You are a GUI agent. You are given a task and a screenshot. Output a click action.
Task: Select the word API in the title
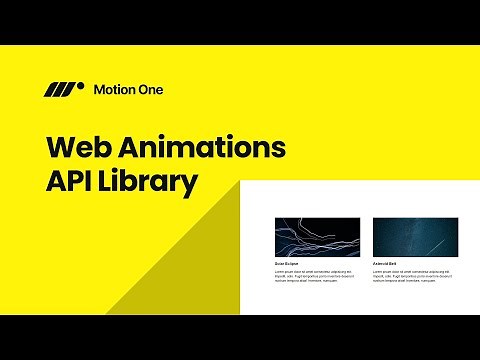(x=73, y=184)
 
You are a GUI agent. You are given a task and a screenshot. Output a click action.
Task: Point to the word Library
(x=153, y=185)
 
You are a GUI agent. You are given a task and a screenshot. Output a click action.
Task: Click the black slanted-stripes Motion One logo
(x=63, y=90)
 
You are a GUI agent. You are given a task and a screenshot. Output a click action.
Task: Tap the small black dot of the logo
(x=80, y=86)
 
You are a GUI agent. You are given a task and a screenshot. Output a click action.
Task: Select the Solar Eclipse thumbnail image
(x=317, y=237)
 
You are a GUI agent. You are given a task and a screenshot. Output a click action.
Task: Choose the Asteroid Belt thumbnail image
(x=415, y=237)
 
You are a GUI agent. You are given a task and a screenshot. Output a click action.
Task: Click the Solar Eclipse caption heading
(x=287, y=264)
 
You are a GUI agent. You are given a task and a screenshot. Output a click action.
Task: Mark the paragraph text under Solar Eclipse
(x=313, y=275)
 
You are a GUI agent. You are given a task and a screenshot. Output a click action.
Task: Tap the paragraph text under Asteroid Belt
(x=411, y=275)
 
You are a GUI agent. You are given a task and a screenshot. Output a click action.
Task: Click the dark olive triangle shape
(x=190, y=265)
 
